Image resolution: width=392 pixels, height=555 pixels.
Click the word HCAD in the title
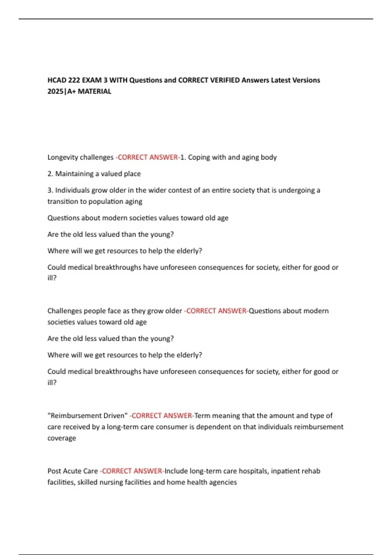57,80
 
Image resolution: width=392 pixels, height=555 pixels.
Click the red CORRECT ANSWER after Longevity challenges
148,157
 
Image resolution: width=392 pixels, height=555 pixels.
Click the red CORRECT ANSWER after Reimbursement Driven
162,416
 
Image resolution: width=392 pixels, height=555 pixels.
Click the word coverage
62,438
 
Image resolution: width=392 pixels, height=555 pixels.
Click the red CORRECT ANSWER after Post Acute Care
132,471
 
